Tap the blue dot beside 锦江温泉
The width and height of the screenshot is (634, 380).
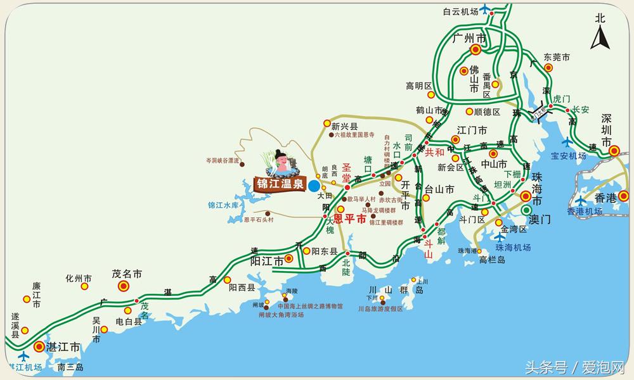tap(314, 186)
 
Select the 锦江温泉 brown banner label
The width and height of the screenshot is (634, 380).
tap(280, 185)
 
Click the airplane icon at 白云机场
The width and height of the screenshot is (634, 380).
tap(486, 9)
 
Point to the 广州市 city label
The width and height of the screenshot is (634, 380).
tap(469, 39)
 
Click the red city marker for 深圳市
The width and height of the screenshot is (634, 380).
tap(614, 151)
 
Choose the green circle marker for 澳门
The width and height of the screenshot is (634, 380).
tap(526, 210)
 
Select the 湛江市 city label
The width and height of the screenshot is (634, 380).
tap(66, 347)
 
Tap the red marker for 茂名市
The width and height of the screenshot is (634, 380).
tap(124, 286)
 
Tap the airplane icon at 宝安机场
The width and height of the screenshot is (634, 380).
tap(566, 142)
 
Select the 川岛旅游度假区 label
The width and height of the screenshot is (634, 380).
tap(380, 309)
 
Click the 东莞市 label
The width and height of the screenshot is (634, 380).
tap(558, 57)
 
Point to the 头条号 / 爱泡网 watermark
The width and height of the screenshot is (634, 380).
tap(574, 367)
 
